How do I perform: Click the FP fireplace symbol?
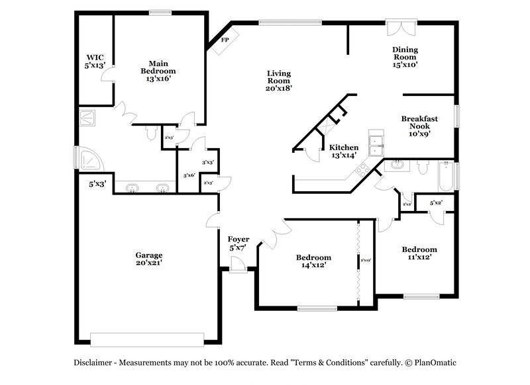pos(224,40)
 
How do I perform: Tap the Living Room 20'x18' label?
pos(279,80)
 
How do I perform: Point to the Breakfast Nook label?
pos(420,125)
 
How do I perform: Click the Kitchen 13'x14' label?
pos(344,151)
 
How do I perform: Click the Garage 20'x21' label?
pos(149,259)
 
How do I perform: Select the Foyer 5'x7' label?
pos(238,243)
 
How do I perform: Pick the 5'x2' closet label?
pos(437,203)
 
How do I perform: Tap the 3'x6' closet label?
pos(189,175)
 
